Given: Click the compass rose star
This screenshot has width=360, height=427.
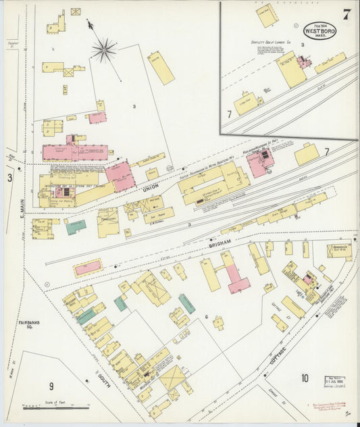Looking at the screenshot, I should (104, 49).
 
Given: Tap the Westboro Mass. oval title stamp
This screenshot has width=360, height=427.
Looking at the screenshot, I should (319, 30).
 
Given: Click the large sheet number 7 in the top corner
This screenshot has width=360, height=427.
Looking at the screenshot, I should (346, 15).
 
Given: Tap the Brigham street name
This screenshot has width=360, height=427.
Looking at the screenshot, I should (220, 242).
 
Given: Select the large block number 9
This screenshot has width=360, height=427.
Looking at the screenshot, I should (51, 386).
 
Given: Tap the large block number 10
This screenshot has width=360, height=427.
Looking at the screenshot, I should (305, 378).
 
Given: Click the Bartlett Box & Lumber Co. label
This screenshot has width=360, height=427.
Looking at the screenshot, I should (267, 42).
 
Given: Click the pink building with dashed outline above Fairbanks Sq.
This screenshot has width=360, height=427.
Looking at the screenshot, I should (88, 268).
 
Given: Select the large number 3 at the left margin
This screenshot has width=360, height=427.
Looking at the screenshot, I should (9, 178).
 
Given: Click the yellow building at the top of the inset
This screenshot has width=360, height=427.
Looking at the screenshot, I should (267, 15).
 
